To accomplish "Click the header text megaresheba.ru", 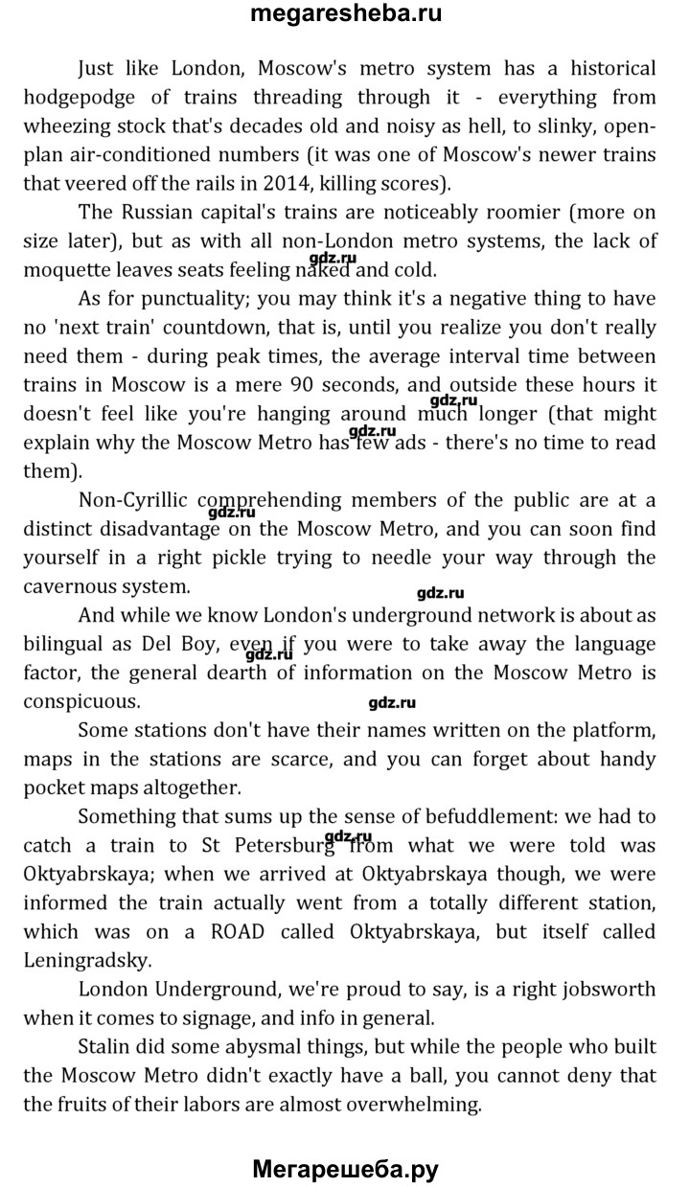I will point(345,14).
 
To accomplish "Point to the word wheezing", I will point(74,126).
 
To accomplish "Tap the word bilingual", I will point(70,643).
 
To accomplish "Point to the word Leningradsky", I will point(84,959).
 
